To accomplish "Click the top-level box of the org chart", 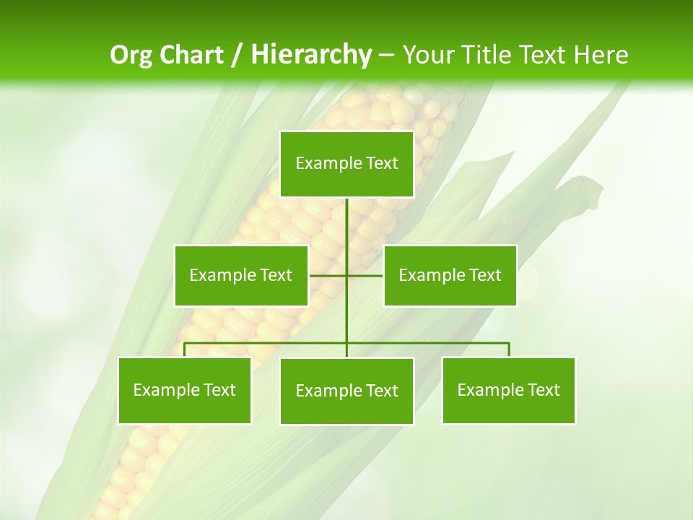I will tap(346, 164).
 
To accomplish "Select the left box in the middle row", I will tap(241, 275).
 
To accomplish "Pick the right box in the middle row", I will tap(450, 275).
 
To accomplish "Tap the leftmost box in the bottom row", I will tap(184, 390).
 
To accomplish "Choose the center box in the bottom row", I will tap(346, 391).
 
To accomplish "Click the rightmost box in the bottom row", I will tap(508, 390).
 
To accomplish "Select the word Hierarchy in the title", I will tap(310, 55).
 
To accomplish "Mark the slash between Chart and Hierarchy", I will tap(237, 55).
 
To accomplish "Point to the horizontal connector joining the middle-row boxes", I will tap(328, 275).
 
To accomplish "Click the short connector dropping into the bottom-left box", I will tap(185, 350).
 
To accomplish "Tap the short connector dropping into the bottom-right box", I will tap(509, 350).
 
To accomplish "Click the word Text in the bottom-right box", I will tap(544, 390).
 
